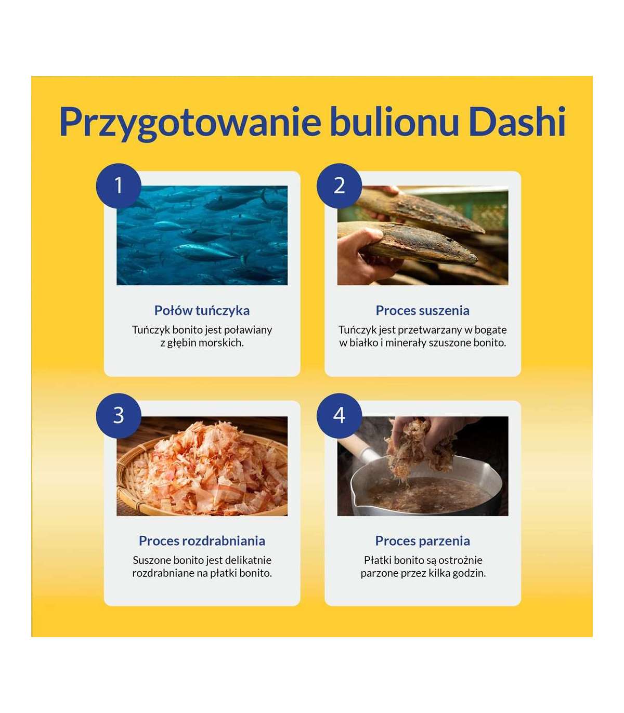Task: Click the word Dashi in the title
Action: tap(517, 122)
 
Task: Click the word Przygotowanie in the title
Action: tap(190, 124)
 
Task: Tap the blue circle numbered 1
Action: tap(119, 186)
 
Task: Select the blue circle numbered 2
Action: tap(339, 186)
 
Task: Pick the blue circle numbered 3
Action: tap(119, 416)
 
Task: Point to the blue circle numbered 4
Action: tap(339, 416)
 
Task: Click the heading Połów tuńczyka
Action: tap(202, 310)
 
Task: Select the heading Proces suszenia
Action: tap(423, 310)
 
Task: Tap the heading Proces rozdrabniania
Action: tap(202, 540)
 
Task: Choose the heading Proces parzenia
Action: tap(423, 541)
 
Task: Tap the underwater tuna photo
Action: tap(202, 235)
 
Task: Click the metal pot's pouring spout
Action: tap(356, 500)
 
